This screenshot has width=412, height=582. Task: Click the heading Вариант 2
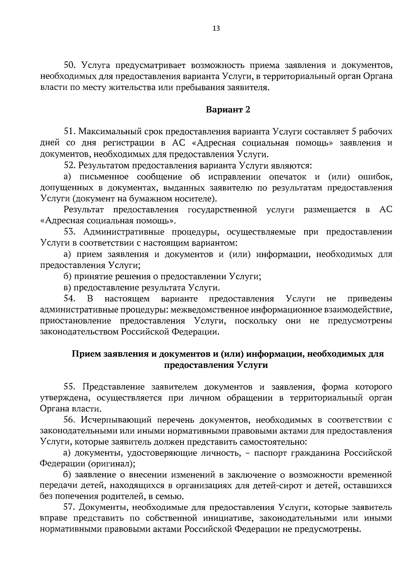pos(228,110)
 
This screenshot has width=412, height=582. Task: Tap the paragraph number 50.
pos(70,65)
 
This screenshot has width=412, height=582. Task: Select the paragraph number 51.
pos(70,132)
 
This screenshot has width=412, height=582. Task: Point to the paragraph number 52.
pos(70,166)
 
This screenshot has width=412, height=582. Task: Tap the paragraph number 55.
pos(70,387)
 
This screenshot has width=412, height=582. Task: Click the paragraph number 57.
pos(70,507)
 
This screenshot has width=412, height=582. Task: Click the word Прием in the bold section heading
pos(86,354)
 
